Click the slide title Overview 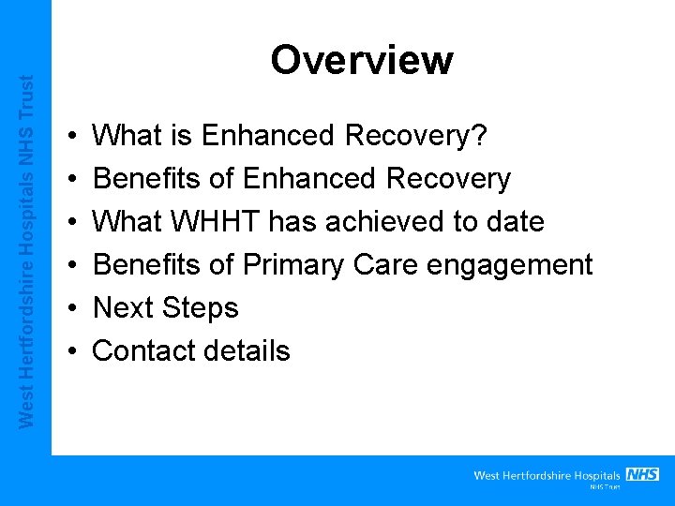361,60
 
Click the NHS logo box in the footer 642,474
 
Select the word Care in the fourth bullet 384,265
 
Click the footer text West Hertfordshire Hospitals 547,476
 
